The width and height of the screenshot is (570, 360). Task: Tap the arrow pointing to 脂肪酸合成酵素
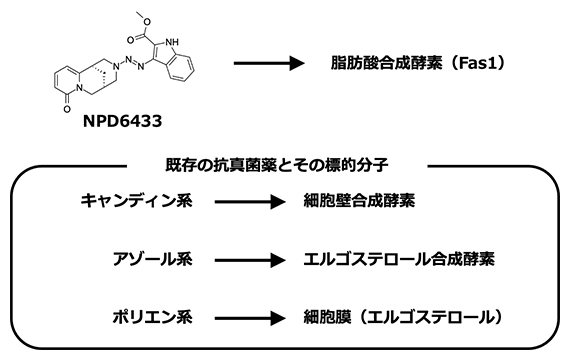[x=268, y=63]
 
